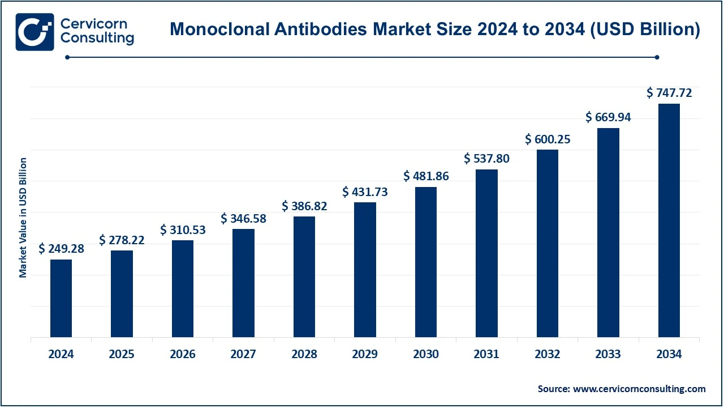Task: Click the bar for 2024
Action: (x=61, y=298)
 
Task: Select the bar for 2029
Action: (x=365, y=270)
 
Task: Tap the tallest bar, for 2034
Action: (x=669, y=220)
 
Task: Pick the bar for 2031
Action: (x=486, y=253)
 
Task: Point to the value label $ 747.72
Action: (x=669, y=93)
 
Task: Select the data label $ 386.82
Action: (x=304, y=206)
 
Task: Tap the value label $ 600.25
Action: (x=548, y=139)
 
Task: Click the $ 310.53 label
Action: (x=183, y=229)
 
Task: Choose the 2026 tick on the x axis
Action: (x=183, y=354)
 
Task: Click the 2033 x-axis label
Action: (x=609, y=354)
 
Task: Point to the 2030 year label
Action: (x=426, y=354)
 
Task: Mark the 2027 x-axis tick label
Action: (x=243, y=354)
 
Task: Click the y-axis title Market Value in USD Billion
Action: (x=23, y=218)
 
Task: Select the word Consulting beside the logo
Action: (x=97, y=39)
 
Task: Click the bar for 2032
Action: (x=548, y=244)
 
